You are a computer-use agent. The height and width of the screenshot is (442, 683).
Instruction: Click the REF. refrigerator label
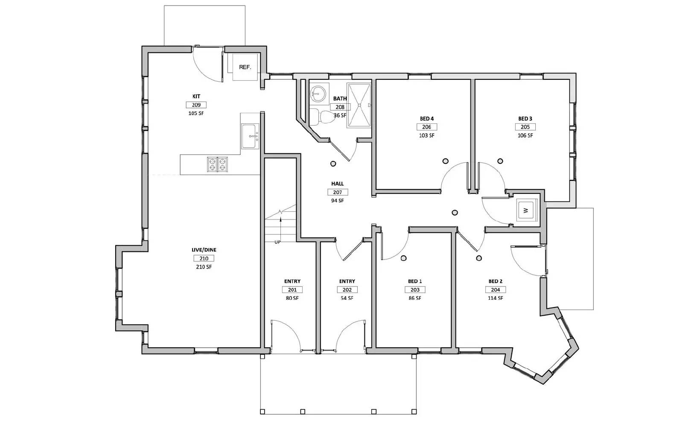click(245, 67)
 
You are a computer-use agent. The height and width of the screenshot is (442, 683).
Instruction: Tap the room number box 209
click(196, 105)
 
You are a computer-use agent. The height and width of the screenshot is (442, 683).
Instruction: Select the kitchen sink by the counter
click(250, 136)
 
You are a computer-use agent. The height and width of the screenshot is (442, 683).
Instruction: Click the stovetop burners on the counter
click(217, 164)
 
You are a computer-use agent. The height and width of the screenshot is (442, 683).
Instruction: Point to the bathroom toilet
click(321, 117)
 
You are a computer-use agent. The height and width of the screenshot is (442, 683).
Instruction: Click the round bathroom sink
click(318, 92)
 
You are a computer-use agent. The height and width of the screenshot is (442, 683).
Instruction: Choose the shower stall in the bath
click(359, 105)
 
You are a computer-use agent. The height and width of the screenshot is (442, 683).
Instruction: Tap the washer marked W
click(526, 210)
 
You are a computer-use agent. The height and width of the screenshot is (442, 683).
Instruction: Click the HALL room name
click(337, 184)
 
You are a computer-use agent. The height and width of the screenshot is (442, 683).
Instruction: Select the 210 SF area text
click(204, 267)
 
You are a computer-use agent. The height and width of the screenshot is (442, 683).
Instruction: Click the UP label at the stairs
click(277, 242)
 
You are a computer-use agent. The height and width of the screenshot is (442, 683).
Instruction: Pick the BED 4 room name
click(426, 119)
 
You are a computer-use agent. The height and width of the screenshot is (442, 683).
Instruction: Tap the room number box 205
click(525, 127)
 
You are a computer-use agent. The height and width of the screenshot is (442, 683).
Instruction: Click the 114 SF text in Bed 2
click(495, 298)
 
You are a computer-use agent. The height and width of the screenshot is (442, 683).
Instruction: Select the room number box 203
click(415, 290)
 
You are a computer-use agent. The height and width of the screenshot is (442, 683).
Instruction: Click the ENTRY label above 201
click(292, 281)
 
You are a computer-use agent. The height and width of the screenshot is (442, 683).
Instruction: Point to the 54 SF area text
click(347, 298)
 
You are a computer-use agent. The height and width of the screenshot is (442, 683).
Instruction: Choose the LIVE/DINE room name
click(204, 250)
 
